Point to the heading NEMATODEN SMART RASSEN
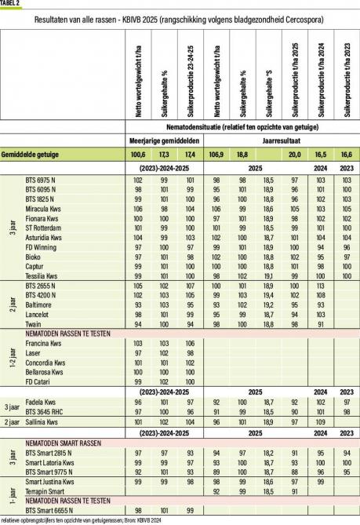(x=65, y=444)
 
